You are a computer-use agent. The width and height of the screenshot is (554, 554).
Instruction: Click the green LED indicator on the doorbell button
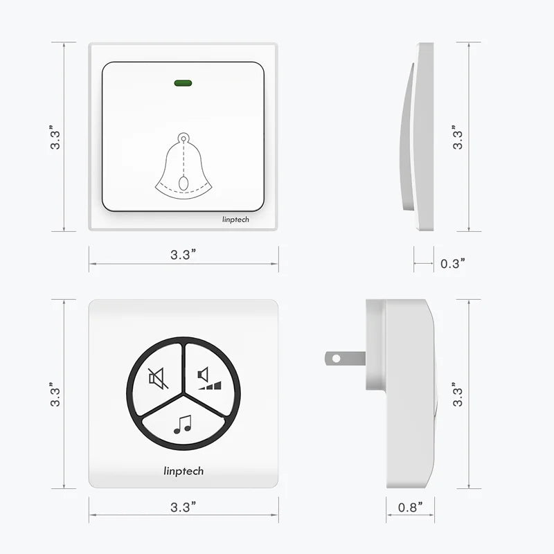(x=183, y=83)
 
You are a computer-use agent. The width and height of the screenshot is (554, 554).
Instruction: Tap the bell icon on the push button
(x=184, y=166)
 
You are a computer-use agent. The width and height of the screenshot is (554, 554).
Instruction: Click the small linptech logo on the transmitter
(x=235, y=220)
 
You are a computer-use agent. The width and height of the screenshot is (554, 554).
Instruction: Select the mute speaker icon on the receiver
(x=158, y=378)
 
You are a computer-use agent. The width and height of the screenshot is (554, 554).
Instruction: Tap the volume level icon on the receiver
(x=210, y=378)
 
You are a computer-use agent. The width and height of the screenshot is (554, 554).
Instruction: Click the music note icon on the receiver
(x=183, y=425)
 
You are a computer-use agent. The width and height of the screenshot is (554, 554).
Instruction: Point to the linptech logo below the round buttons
(x=184, y=471)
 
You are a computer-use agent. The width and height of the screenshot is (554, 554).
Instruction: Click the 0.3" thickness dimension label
(x=453, y=263)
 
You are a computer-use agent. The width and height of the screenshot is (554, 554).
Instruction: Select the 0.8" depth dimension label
(x=410, y=507)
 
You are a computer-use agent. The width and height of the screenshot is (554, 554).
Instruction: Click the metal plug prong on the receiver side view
(x=345, y=358)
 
